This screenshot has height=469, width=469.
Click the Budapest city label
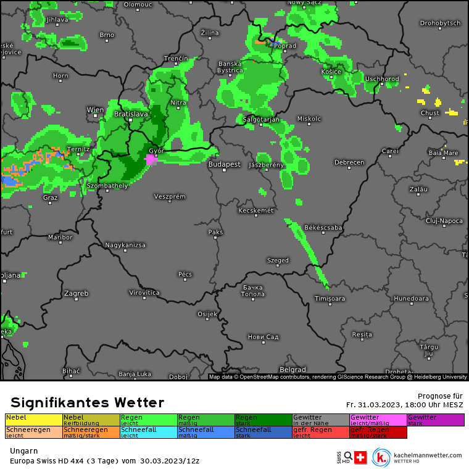224,165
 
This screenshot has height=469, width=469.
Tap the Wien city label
95,110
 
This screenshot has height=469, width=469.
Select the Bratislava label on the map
131,114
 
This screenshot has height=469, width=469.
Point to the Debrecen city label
349,163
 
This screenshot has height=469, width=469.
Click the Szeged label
278,260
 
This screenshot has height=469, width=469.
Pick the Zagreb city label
76,293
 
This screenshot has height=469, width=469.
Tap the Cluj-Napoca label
444,220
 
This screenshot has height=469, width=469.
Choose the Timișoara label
330,299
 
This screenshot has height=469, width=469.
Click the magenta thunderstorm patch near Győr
150,159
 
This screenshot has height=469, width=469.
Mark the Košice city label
331,72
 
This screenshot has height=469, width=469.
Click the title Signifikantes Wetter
88,403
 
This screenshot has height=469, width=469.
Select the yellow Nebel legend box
34,420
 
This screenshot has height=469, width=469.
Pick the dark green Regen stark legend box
264,420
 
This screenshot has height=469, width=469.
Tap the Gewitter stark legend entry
436,420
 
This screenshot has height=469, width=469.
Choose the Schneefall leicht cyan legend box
149,432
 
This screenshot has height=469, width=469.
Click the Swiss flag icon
360,457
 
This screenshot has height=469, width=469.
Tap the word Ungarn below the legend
24,451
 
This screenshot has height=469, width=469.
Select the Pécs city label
185,274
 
